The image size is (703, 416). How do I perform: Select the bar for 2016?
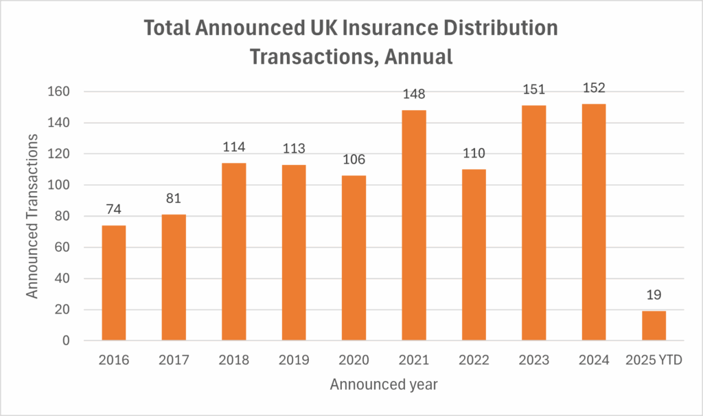point(113,283)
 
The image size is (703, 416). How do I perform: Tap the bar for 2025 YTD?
point(654,325)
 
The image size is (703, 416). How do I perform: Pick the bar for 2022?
point(474,254)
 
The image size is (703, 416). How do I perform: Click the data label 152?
point(594,88)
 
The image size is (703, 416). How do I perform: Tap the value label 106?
point(354,160)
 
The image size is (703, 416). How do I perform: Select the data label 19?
point(654,295)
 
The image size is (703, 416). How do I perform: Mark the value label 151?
point(533,89)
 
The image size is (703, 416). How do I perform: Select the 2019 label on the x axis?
point(294,360)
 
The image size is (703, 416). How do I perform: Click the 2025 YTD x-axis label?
point(654,360)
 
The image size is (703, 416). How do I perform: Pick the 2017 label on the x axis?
point(173,360)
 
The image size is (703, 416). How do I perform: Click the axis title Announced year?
point(384,384)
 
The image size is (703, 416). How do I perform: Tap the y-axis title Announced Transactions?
point(32,215)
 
